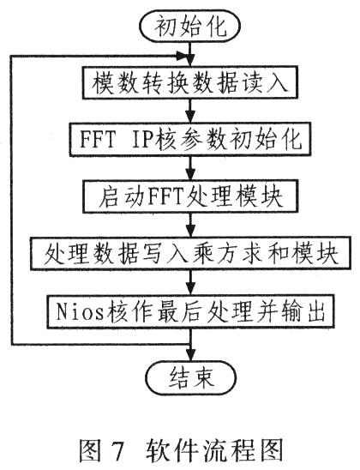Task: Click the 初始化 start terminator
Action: pyautogui.click(x=189, y=26)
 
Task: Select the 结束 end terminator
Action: pyautogui.click(x=191, y=377)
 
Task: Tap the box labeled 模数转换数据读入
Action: pyautogui.click(x=190, y=82)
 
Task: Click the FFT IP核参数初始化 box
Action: pyautogui.click(x=190, y=139)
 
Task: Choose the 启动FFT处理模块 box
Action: pyautogui.click(x=190, y=196)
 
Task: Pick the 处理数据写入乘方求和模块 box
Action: pyautogui.click(x=190, y=253)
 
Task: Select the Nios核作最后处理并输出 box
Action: pyautogui.click(x=190, y=311)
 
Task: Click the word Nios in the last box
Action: pyautogui.click(x=80, y=311)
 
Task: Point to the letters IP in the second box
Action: pyautogui.click(x=143, y=140)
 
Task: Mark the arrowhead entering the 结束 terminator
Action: pyautogui.click(x=190, y=355)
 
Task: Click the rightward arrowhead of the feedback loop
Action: pyautogui.click(x=182, y=56)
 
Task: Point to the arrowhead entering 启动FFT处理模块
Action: pyautogui.click(x=190, y=174)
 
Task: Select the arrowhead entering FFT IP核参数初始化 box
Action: pyautogui.click(x=190, y=117)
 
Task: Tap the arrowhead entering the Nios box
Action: pyautogui.click(x=190, y=289)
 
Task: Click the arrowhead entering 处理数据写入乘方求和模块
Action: pyautogui.click(x=190, y=231)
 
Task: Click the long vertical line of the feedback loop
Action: pyautogui.click(x=12, y=200)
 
